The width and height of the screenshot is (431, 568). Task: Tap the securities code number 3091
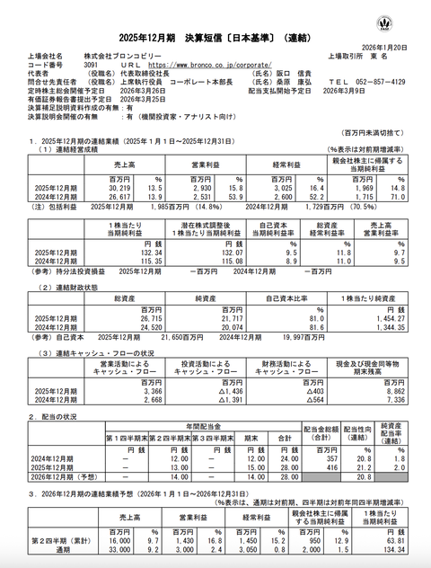coord(90,66)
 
